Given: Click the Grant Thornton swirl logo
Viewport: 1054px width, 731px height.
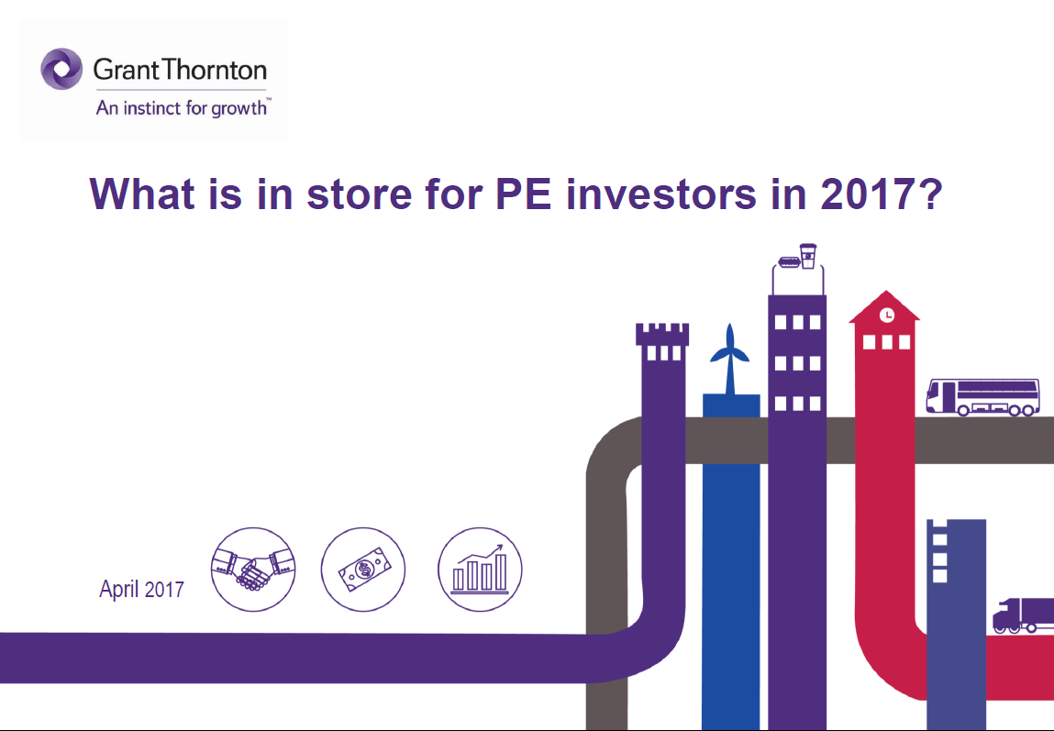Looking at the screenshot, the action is pyautogui.click(x=61, y=69).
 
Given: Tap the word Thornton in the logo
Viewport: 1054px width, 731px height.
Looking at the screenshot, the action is pyautogui.click(x=214, y=70).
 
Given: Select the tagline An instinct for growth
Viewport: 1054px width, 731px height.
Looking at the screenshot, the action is pyautogui.click(x=182, y=108).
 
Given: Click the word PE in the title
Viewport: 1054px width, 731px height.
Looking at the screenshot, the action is pyautogui.click(x=523, y=194).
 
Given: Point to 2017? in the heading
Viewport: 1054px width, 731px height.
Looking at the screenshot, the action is pyautogui.click(x=882, y=194).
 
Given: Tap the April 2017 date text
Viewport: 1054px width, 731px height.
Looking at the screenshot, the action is pyautogui.click(x=142, y=589).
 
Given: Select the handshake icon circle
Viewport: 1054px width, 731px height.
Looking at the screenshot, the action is pyautogui.click(x=253, y=570).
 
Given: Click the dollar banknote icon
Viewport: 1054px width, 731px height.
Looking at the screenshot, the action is pyautogui.click(x=363, y=570).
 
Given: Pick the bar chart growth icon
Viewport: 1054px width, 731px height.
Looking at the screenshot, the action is pyautogui.click(x=480, y=570).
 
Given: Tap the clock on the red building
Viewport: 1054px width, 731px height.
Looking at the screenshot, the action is pyautogui.click(x=887, y=315).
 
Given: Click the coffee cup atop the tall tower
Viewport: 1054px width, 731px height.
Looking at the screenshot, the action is pyautogui.click(x=808, y=256).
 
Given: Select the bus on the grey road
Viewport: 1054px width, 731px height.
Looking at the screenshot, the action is pyautogui.click(x=982, y=397).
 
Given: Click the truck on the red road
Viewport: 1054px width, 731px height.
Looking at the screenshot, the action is pyautogui.click(x=1023, y=615).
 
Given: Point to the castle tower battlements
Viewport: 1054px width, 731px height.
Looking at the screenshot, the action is pyautogui.click(x=662, y=335).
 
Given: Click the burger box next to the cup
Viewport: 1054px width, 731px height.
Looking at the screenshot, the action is pyautogui.click(x=789, y=262).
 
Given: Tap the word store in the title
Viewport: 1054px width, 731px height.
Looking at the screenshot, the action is pyautogui.click(x=359, y=194).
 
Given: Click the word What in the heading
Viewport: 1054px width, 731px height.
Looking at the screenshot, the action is pyautogui.click(x=142, y=194).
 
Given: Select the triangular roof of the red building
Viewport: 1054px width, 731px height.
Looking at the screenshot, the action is pyautogui.click(x=884, y=307).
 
